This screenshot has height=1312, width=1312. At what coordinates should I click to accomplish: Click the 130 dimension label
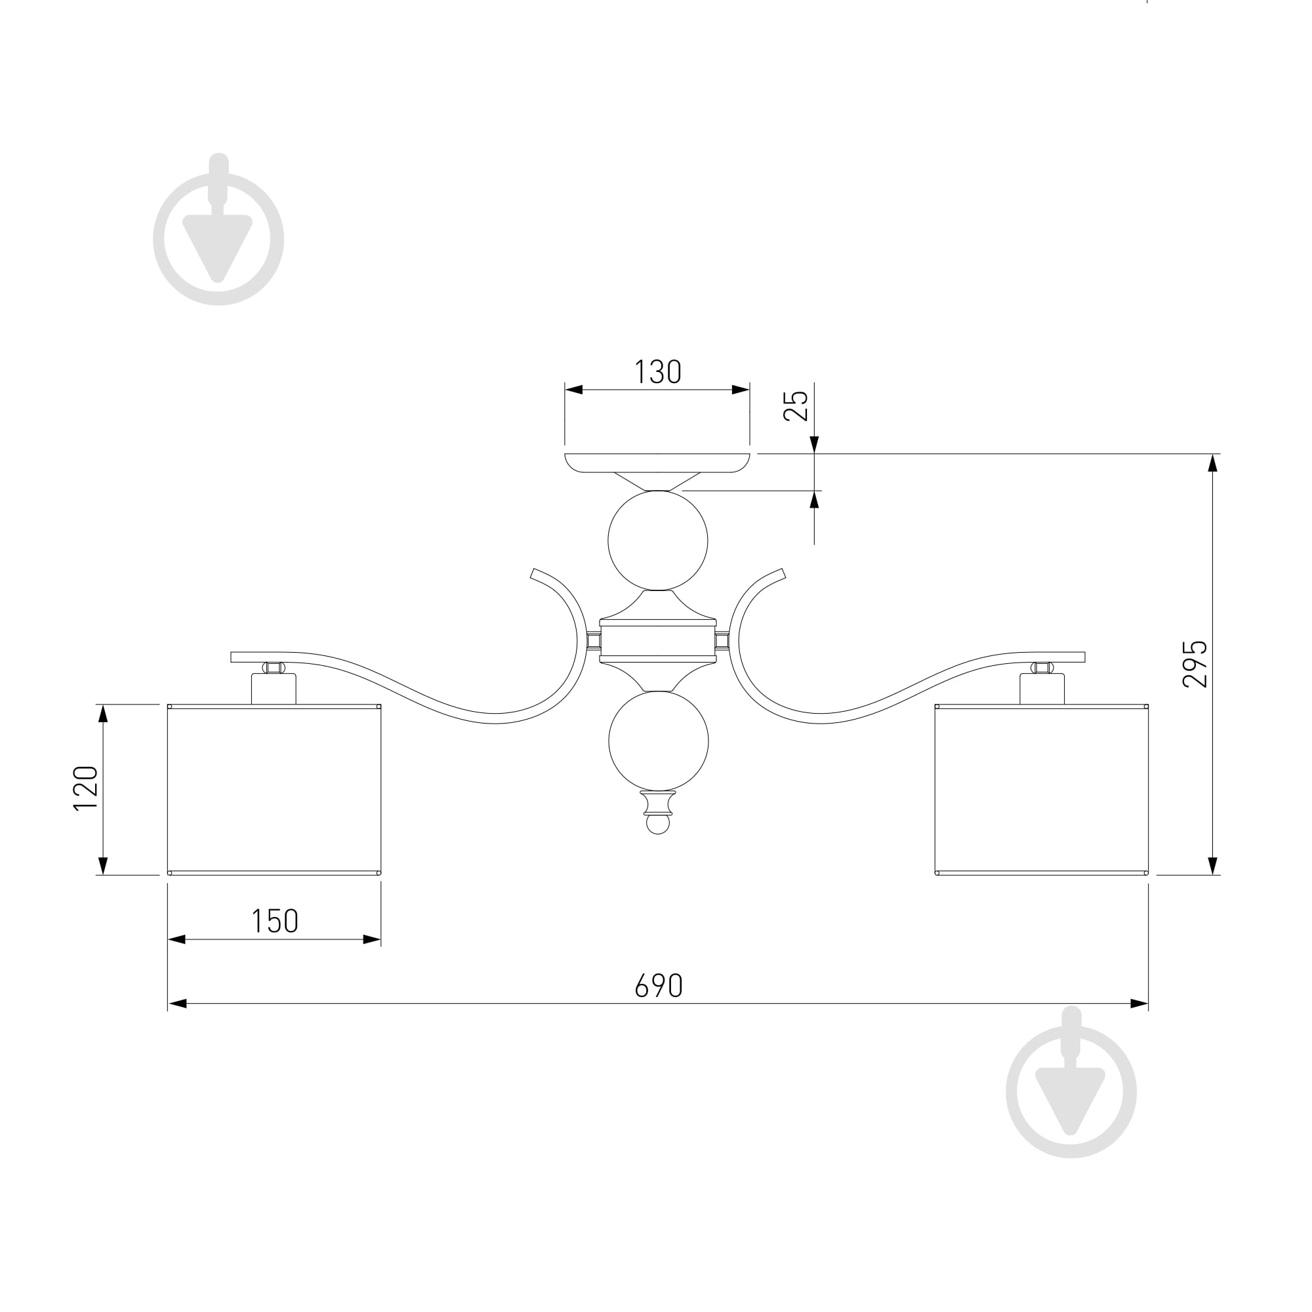(657, 371)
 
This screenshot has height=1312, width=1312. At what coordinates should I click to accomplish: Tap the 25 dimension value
(796, 405)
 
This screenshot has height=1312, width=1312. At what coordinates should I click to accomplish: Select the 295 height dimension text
(1195, 663)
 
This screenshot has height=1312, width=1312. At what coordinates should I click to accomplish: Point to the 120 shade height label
(85, 788)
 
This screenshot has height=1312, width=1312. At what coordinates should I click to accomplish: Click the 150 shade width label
(274, 922)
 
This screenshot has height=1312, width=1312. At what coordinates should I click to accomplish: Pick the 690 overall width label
(658, 985)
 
